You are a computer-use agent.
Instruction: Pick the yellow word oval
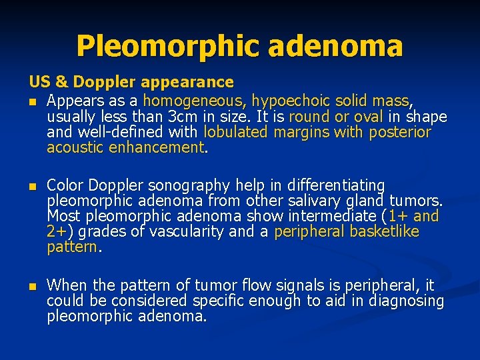(x=367, y=117)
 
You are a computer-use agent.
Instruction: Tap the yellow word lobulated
(x=235, y=132)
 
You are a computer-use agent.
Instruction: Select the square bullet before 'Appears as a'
(x=32, y=102)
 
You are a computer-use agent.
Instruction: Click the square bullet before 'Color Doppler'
(x=32, y=185)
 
